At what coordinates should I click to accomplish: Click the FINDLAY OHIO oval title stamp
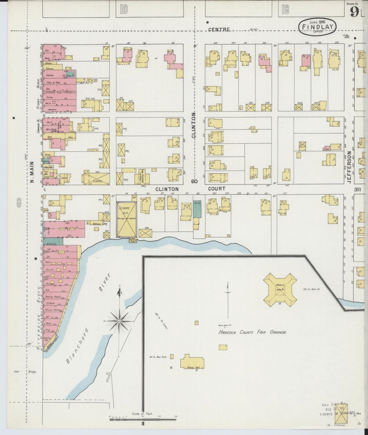[317, 26]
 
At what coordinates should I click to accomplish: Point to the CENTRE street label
[219, 30]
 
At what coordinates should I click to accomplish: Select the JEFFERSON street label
[349, 167]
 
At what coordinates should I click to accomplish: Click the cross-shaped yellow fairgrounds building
[280, 290]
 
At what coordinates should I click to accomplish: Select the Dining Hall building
[193, 361]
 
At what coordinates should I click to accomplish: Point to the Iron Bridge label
[25, 372]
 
